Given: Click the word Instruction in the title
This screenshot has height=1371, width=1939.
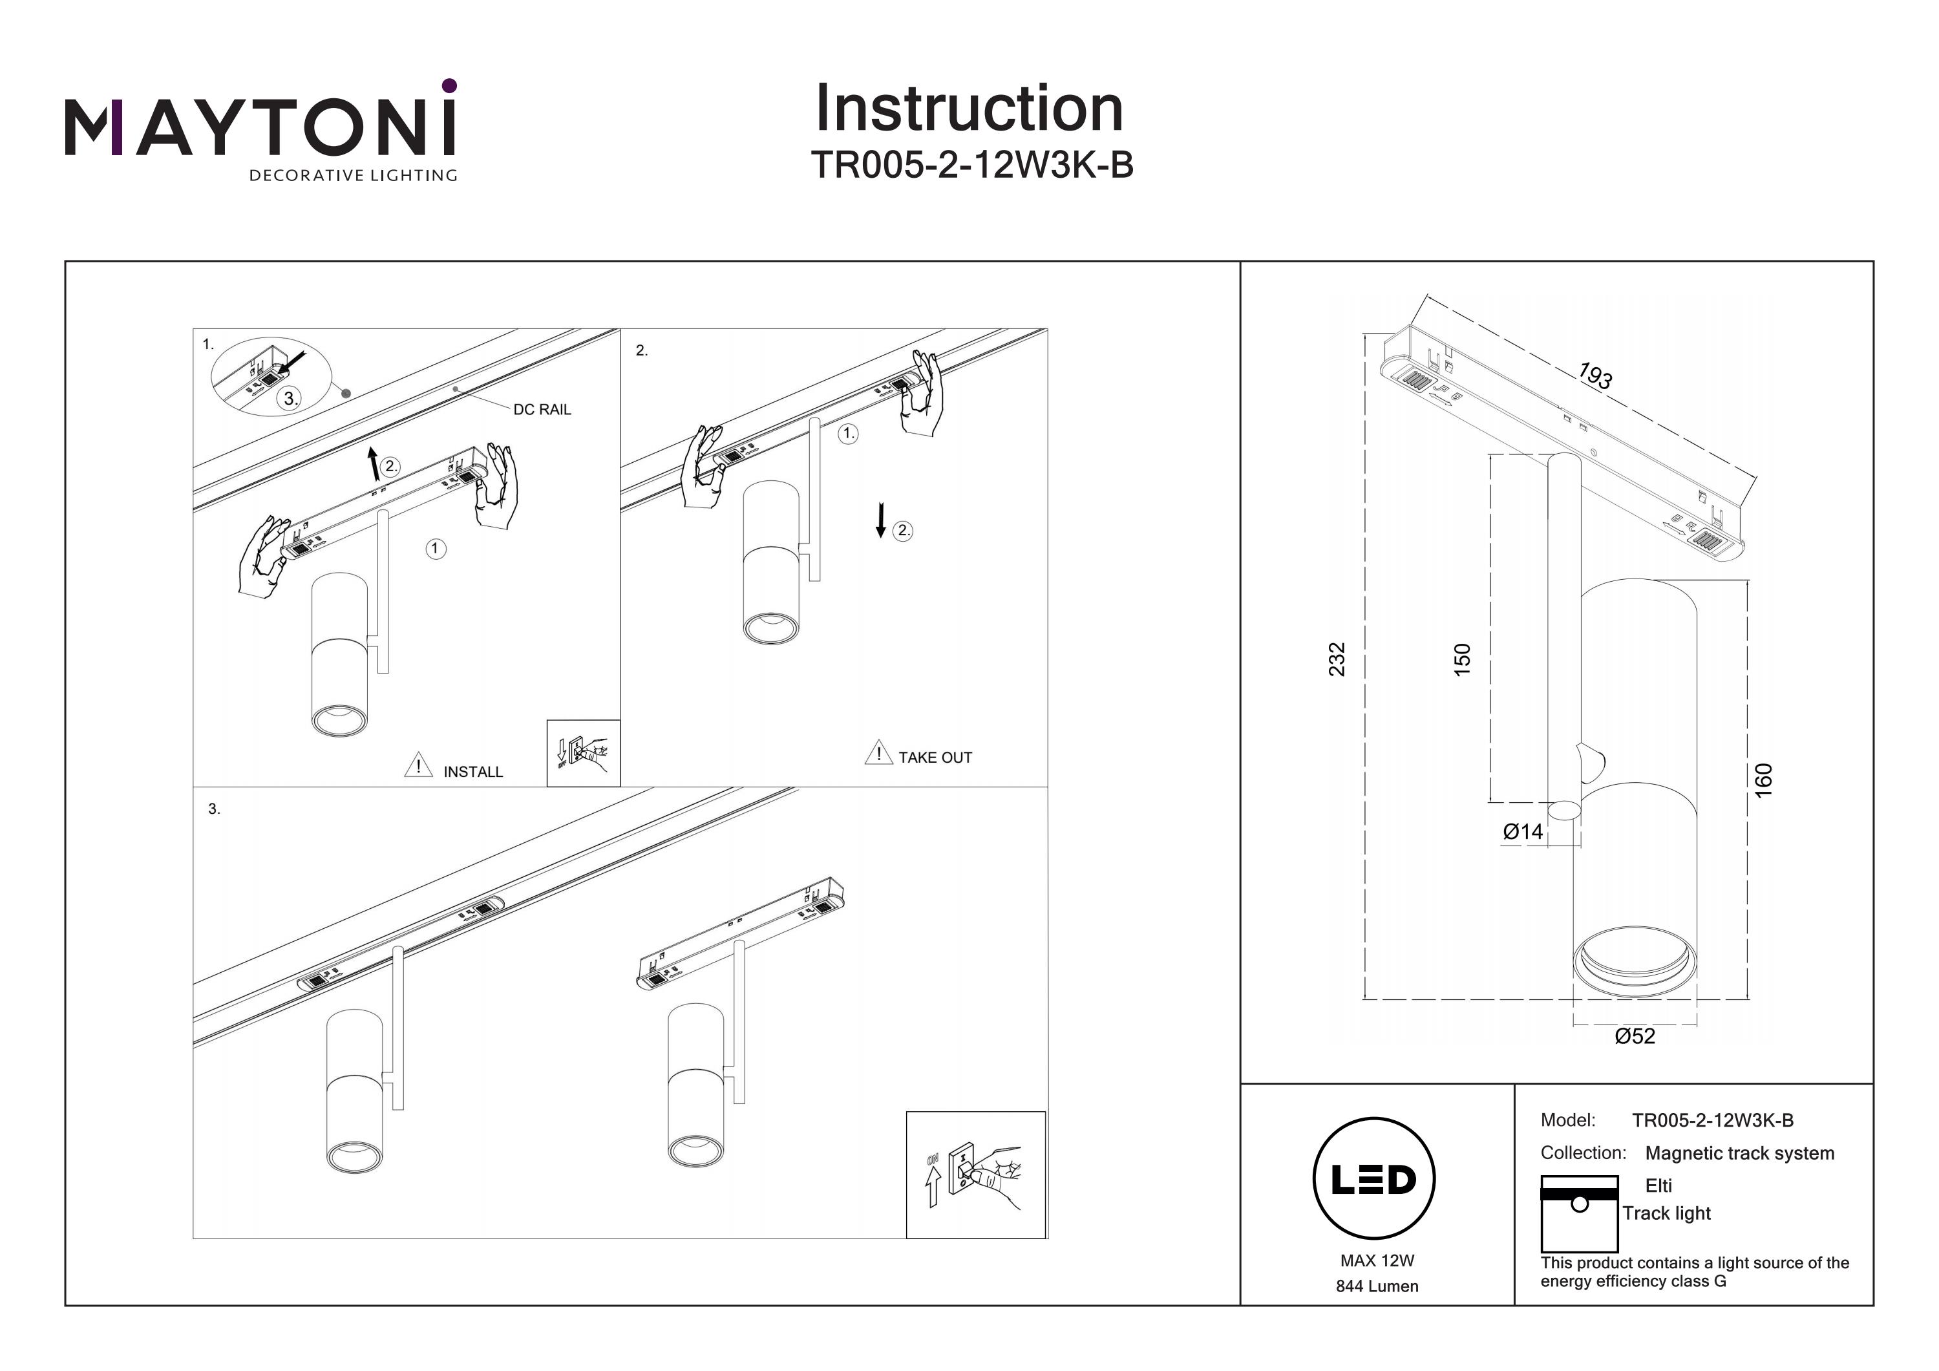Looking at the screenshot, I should [x=969, y=109].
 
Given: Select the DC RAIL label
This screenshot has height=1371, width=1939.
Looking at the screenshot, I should [x=542, y=410].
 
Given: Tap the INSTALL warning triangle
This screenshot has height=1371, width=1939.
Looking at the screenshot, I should [x=418, y=765].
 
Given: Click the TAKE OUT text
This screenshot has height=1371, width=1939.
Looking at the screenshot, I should [x=935, y=758].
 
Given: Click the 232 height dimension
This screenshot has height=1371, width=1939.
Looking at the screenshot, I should [x=1337, y=659].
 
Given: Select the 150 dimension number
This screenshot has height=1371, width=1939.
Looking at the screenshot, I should [x=1462, y=659].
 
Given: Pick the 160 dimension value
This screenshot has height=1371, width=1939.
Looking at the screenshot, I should [x=1763, y=779].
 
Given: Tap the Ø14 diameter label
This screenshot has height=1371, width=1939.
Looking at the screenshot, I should [x=1523, y=832].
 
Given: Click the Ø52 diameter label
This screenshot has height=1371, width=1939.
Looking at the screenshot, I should [x=1634, y=1036].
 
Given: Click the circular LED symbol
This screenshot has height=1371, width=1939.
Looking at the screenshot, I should [x=1374, y=1179].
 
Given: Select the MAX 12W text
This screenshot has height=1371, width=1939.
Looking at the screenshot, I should [x=1377, y=1260].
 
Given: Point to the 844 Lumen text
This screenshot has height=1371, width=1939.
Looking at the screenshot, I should [x=1377, y=1286].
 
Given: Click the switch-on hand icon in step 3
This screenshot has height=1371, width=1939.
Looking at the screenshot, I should [x=975, y=1175].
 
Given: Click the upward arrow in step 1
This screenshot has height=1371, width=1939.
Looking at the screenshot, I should [x=374, y=465].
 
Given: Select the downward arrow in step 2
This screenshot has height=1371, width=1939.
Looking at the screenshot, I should [x=881, y=520].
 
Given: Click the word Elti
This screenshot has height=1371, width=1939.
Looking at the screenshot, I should [x=1658, y=1185].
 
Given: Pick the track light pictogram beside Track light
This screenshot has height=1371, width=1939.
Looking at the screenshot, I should [x=1579, y=1213].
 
